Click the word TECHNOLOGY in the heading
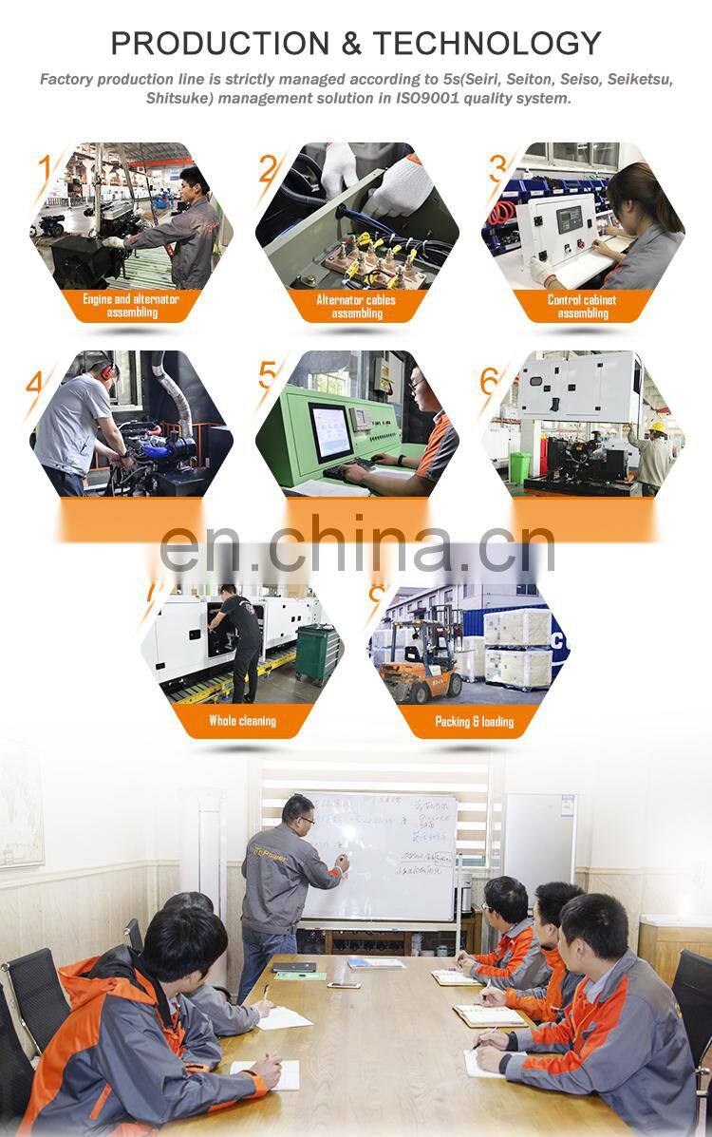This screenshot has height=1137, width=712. [486, 43]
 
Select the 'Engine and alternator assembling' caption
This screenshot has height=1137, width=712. [131, 306]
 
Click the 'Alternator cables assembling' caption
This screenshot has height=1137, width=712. [356, 306]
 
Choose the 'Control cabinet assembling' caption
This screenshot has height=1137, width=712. [582, 306]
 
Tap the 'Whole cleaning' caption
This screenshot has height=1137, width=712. [242, 721]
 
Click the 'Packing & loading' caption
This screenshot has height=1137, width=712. [474, 721]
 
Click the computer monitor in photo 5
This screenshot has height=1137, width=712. [331, 431]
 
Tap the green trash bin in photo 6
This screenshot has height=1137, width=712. [520, 466]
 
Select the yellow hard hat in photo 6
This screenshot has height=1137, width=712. [658, 428]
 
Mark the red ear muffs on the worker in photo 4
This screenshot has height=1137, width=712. [104, 370]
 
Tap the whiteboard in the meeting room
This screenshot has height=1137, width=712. [380, 855]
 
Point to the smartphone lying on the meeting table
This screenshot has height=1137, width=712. [343, 984]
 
